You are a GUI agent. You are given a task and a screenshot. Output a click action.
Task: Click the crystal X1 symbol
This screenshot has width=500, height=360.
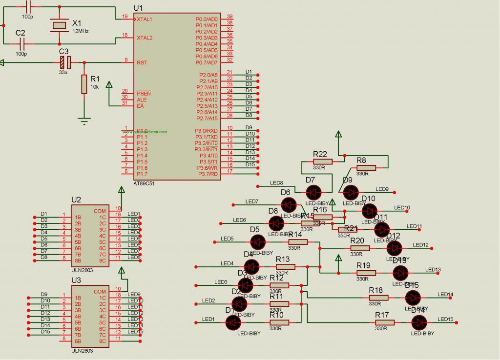click(60, 25)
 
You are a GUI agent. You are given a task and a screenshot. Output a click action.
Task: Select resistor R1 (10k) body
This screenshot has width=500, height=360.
click(84, 84)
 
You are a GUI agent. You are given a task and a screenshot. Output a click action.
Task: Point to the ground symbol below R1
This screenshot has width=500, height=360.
click(84, 120)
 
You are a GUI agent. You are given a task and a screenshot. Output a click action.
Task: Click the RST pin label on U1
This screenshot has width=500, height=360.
click(142, 62)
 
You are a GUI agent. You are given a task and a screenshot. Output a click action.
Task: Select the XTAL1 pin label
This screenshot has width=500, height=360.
click(144, 19)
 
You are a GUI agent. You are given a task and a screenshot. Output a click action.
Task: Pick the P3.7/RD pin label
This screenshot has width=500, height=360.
click(208, 174)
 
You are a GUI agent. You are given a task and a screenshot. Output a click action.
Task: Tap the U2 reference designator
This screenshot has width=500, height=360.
click(76, 200)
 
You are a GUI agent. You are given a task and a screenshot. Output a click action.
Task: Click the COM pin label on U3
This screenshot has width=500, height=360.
click(100, 292)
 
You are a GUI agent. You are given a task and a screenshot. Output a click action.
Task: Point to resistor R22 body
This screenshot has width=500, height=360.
click(322, 161)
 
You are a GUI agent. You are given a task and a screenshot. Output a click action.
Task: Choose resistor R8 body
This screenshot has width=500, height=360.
click(366, 168)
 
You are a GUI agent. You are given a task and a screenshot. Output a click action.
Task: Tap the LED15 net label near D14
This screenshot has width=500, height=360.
click(445, 319)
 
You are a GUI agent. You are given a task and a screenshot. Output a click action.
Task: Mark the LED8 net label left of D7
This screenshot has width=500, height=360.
click(276, 183)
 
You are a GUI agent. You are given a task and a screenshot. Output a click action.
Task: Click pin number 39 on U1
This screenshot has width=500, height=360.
click(229, 16)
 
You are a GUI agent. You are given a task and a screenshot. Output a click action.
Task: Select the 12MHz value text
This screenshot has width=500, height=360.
click(81, 30)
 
